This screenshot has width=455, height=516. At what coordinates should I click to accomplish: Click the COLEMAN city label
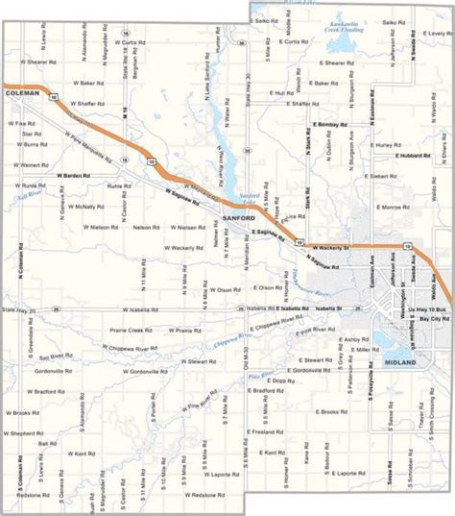21,93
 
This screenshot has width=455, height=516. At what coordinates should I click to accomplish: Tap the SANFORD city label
239,218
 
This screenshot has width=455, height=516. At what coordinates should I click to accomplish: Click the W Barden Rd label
71,176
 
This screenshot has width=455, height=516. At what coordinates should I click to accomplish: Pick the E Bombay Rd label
328,126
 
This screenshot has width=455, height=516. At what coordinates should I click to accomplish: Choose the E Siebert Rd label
373,177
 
